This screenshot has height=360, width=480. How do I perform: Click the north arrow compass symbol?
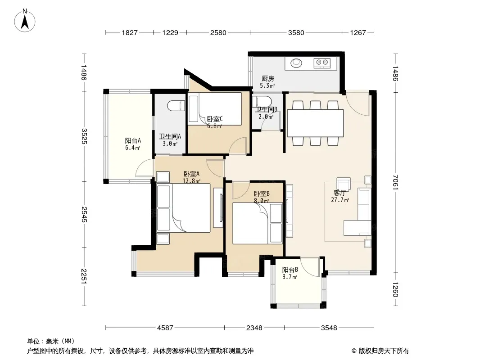pos(25,20)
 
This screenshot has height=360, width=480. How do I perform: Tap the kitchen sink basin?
pos(296,63)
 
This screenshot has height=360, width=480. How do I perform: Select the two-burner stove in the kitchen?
pos(322,63)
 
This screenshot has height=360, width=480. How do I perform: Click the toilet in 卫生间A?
pos(176,106)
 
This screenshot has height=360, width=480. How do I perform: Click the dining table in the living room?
pos(315,123)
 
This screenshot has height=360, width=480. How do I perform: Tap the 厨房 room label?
pos(267,79)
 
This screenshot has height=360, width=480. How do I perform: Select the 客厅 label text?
pos(340,193)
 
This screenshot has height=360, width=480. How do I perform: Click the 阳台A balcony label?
pos(133,141)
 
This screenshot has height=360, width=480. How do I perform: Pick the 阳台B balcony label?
pos(290,270)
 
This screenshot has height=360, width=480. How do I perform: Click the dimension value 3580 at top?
pos(296,32)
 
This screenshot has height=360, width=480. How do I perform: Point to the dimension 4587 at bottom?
pos(165,328)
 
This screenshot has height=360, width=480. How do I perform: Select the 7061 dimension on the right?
pos(395,182)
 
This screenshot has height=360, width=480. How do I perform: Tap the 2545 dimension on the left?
pos(84,215)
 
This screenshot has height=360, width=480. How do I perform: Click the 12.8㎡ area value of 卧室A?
pos(191,181)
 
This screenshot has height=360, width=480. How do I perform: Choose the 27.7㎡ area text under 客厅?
pos(340,200)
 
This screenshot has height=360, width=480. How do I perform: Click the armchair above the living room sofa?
pos(344,184)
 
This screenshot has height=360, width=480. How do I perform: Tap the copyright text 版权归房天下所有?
pos(384,351)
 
